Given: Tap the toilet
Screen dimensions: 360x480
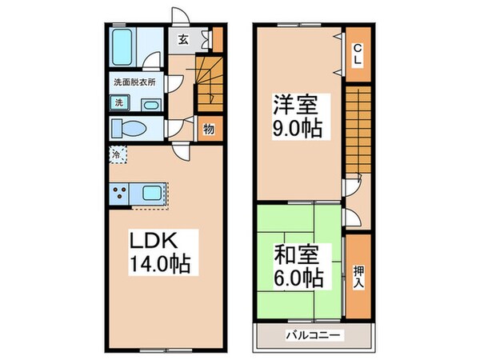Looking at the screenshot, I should [x=129, y=130].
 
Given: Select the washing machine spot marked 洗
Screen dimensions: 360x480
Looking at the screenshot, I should [x=118, y=102].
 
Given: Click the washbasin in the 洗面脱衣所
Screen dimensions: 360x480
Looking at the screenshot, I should [x=150, y=104].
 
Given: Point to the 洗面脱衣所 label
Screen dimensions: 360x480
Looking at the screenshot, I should [x=134, y=82].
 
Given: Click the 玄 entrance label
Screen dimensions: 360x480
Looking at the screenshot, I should [x=183, y=39].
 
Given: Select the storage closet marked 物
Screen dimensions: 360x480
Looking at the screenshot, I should [x=209, y=129].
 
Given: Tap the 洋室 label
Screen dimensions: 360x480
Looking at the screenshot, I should [x=295, y=105].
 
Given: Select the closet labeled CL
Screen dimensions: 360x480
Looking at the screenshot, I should [x=357, y=53].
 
